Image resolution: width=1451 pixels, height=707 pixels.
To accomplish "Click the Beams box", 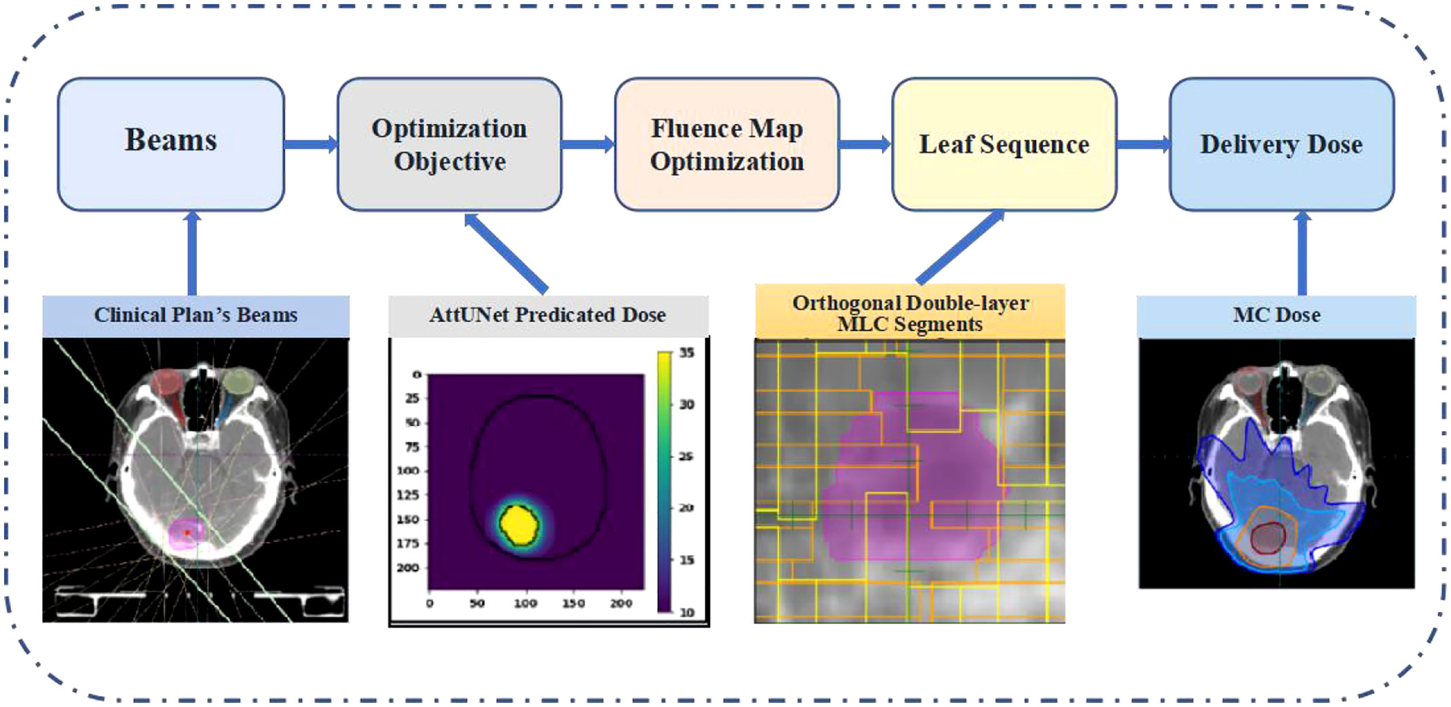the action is coord(171,144).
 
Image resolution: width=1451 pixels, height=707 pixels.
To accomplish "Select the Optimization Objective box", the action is coord(449,144).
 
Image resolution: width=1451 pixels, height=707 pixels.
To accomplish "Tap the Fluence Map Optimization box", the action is coord(727,144).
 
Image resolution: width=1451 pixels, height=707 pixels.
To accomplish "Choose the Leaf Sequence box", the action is coord(1004,144).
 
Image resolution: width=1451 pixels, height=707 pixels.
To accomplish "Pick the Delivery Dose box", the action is coord(1281,144).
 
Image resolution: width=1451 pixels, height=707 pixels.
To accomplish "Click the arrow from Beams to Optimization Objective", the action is coord(311,144).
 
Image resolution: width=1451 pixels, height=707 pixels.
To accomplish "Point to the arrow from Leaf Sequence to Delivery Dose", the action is coord(1144,144).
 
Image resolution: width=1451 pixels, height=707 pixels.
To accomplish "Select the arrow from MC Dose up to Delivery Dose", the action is coord(1302,253).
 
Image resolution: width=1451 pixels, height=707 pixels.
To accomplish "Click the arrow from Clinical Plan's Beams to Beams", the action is coord(193,253).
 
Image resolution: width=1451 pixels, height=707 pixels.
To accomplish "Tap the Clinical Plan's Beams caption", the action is coord(196,316).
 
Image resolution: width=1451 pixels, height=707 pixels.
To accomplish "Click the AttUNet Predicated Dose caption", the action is coord(548,316).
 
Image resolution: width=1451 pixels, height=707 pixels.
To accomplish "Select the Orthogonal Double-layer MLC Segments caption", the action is coord(910,313).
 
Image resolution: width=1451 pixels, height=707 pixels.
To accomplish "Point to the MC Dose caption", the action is coord(1277,316).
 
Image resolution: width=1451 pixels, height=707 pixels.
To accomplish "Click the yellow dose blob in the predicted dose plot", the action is coord(519,524).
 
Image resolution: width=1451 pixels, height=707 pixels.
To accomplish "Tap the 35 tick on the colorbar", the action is coord(687,353).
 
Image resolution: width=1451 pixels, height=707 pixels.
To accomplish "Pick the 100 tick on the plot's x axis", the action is coord(525,603).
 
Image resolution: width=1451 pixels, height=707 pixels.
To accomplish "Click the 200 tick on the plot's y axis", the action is coord(408,568).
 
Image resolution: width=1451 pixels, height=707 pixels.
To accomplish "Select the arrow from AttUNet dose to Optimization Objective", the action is coord(506,253).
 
